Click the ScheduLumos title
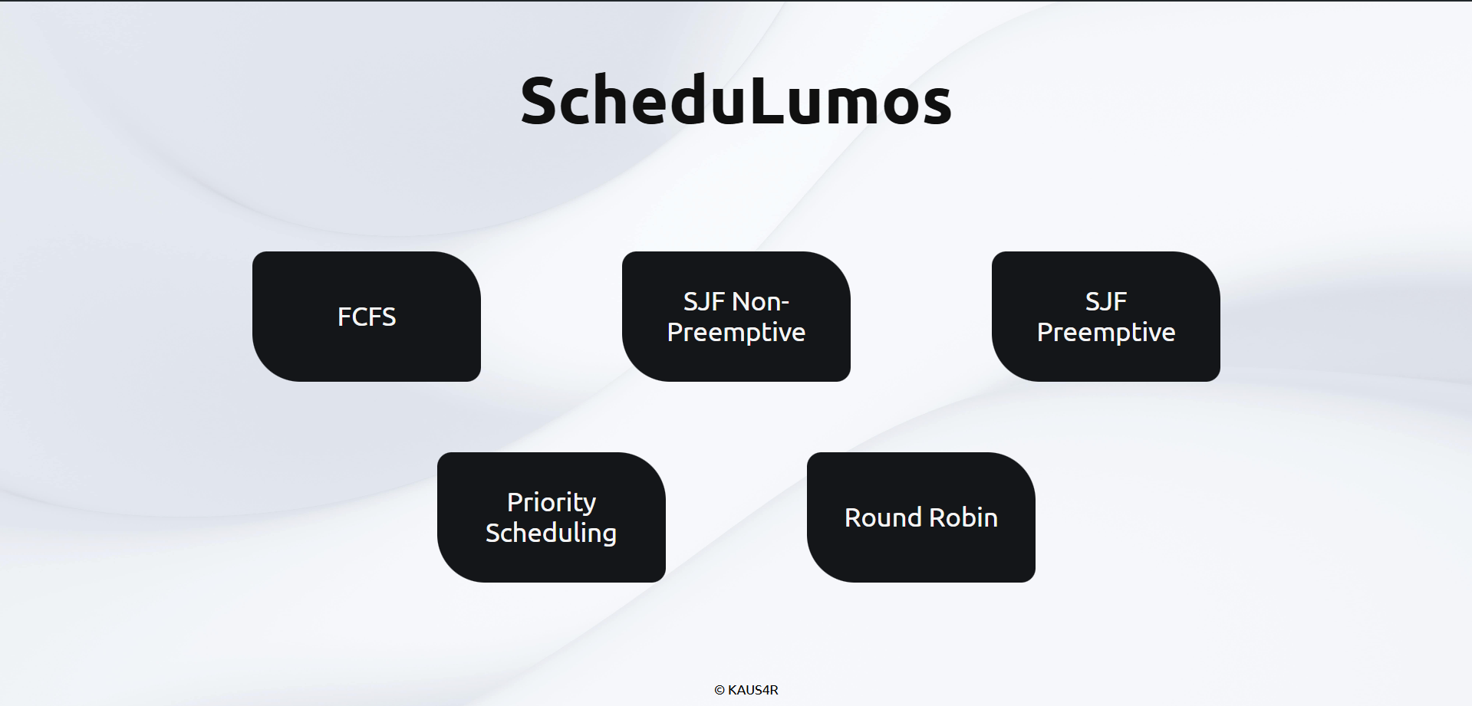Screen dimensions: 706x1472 (x=736, y=100)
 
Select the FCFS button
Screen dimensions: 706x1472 (x=367, y=317)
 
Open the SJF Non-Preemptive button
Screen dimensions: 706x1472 (x=736, y=317)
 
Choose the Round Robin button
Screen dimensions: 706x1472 (x=920, y=517)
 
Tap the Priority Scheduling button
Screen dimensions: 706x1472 (x=551, y=517)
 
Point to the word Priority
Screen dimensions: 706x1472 (x=551, y=503)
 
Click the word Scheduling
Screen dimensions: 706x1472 (x=551, y=533)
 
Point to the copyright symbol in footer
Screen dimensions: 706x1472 (x=720, y=690)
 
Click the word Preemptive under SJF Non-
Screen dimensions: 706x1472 (x=736, y=333)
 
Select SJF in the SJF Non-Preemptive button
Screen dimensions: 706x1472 (x=703, y=302)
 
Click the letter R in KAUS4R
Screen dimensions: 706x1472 (x=774, y=690)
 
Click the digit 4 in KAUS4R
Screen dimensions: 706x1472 (x=766, y=690)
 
